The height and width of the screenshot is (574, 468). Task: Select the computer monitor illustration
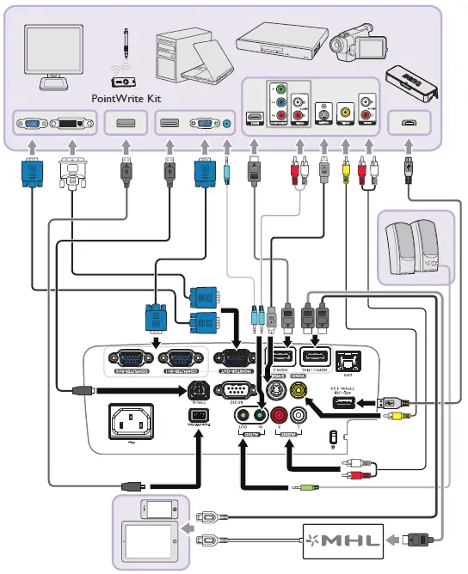(52, 56)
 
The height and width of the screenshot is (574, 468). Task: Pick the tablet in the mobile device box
(150, 540)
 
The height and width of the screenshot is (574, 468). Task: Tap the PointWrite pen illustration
(126, 46)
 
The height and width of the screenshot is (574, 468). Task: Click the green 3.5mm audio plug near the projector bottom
(306, 487)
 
